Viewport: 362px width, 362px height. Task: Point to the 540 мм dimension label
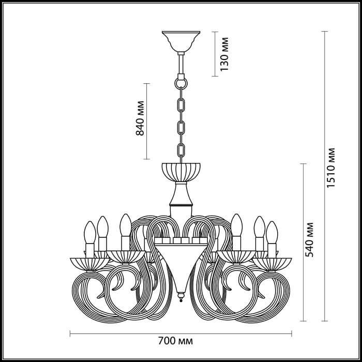(x=309, y=242)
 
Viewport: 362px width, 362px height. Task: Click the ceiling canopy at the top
(x=180, y=40)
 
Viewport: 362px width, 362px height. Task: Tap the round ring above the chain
(x=181, y=82)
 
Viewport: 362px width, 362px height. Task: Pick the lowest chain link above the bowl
(x=181, y=150)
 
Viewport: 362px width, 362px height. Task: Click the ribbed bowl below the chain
(x=181, y=170)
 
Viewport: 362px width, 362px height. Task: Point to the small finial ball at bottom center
(x=181, y=298)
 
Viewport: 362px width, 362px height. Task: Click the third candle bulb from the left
(x=124, y=224)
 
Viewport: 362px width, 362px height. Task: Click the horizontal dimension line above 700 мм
(x=181, y=333)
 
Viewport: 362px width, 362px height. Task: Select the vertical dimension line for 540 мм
(x=301, y=242)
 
